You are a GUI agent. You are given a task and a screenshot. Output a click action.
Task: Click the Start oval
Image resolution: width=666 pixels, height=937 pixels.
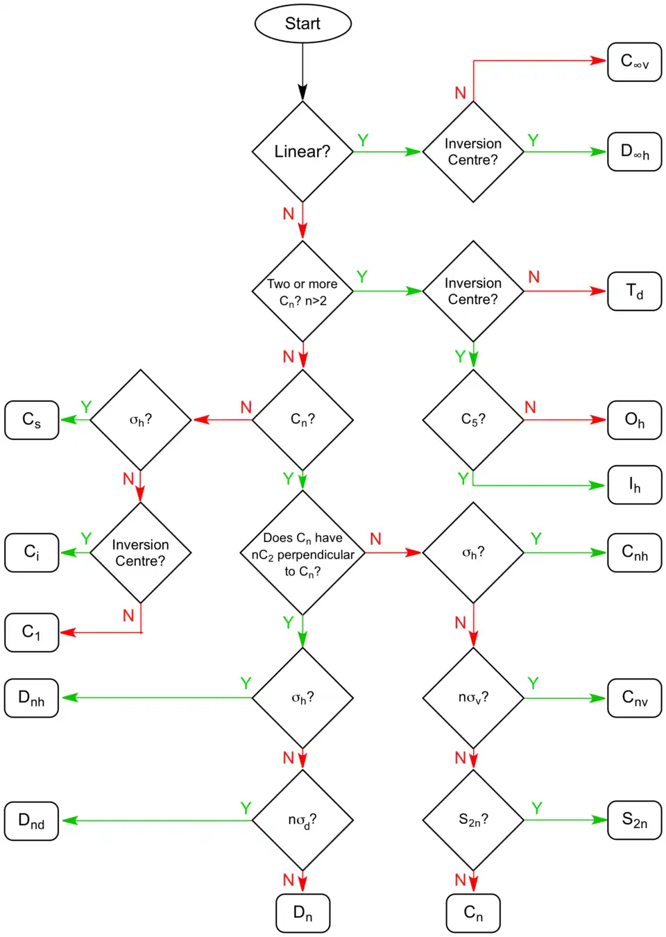pyautogui.click(x=303, y=24)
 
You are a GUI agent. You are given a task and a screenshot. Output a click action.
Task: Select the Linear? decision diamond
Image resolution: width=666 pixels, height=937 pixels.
pyautogui.click(x=302, y=152)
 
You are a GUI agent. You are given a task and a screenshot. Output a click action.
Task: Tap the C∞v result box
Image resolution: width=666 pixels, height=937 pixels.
pyautogui.click(x=634, y=62)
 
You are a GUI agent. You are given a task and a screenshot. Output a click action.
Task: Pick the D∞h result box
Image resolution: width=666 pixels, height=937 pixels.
pyautogui.click(x=634, y=152)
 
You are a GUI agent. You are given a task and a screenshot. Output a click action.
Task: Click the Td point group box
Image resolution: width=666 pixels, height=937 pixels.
pyautogui.click(x=634, y=291)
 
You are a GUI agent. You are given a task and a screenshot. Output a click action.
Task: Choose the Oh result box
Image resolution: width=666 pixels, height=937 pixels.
pyautogui.click(x=634, y=420)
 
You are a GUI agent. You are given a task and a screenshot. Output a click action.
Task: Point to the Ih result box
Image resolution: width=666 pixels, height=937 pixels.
pyautogui.click(x=634, y=484)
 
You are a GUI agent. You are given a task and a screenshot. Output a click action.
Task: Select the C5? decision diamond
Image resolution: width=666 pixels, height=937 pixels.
pyautogui.click(x=473, y=420)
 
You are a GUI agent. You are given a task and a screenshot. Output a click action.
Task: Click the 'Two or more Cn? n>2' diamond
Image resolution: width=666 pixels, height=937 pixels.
pyautogui.click(x=302, y=292)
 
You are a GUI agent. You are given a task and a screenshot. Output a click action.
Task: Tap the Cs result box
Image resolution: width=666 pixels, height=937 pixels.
pyautogui.click(x=32, y=420)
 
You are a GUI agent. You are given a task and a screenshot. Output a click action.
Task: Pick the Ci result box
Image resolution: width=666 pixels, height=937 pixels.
pyautogui.click(x=32, y=552)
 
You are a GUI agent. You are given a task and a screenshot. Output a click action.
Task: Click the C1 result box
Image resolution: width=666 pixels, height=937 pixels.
pyautogui.click(x=32, y=632)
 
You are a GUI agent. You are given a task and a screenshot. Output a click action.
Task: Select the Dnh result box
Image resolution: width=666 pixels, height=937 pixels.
pyautogui.click(x=32, y=698)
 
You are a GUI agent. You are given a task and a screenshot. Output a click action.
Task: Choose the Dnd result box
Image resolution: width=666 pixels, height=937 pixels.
pyautogui.click(x=32, y=821)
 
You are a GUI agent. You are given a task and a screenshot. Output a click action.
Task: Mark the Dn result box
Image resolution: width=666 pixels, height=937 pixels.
pyautogui.click(x=302, y=913)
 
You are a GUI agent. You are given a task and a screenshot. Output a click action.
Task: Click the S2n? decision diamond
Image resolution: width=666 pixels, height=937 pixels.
pyautogui.click(x=473, y=820)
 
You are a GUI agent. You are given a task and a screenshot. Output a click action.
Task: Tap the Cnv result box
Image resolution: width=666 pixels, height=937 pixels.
pyautogui.click(x=634, y=698)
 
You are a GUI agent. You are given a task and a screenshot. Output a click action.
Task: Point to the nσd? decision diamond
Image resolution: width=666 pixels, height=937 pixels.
pyautogui.click(x=302, y=820)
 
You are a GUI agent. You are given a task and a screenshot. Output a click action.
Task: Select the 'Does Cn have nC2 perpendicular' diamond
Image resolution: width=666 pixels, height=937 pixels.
pyautogui.click(x=302, y=553)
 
